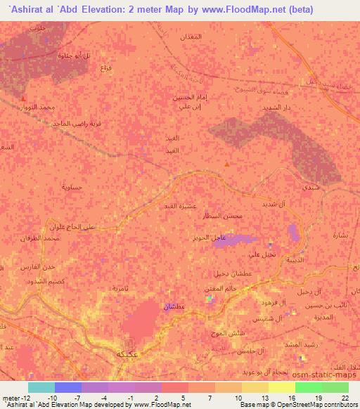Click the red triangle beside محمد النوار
pyautogui.click(x=25, y=99)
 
